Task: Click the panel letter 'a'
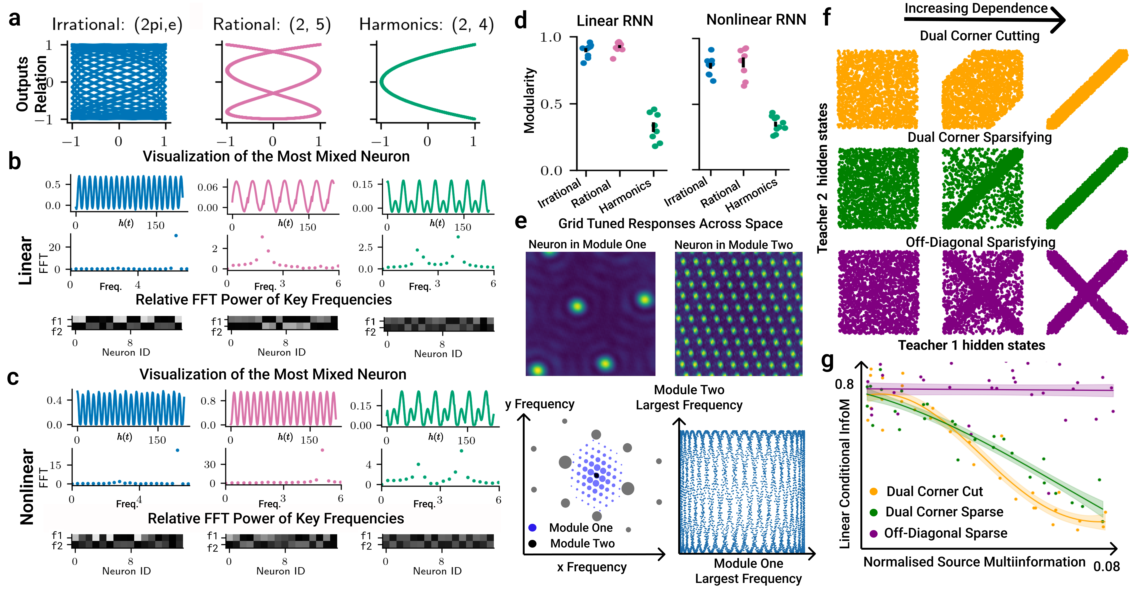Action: click(15, 19)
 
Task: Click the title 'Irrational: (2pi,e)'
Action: click(117, 25)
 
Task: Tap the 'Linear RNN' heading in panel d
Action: click(615, 21)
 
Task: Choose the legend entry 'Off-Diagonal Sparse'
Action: click(945, 533)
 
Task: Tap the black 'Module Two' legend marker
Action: click(532, 543)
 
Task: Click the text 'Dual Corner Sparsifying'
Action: click(979, 137)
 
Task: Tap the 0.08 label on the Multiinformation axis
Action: click(1106, 566)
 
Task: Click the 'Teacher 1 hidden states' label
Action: click(971, 345)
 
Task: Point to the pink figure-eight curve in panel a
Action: click(273, 82)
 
